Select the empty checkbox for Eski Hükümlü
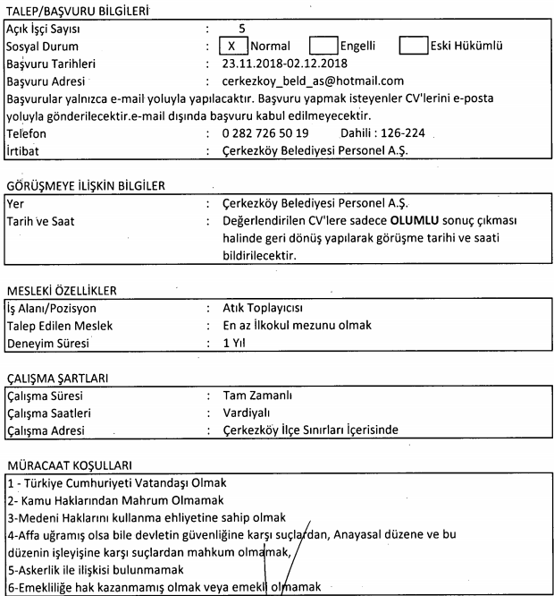click(x=414, y=44)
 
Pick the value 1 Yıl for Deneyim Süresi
click(x=234, y=344)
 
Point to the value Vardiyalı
click(x=249, y=413)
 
